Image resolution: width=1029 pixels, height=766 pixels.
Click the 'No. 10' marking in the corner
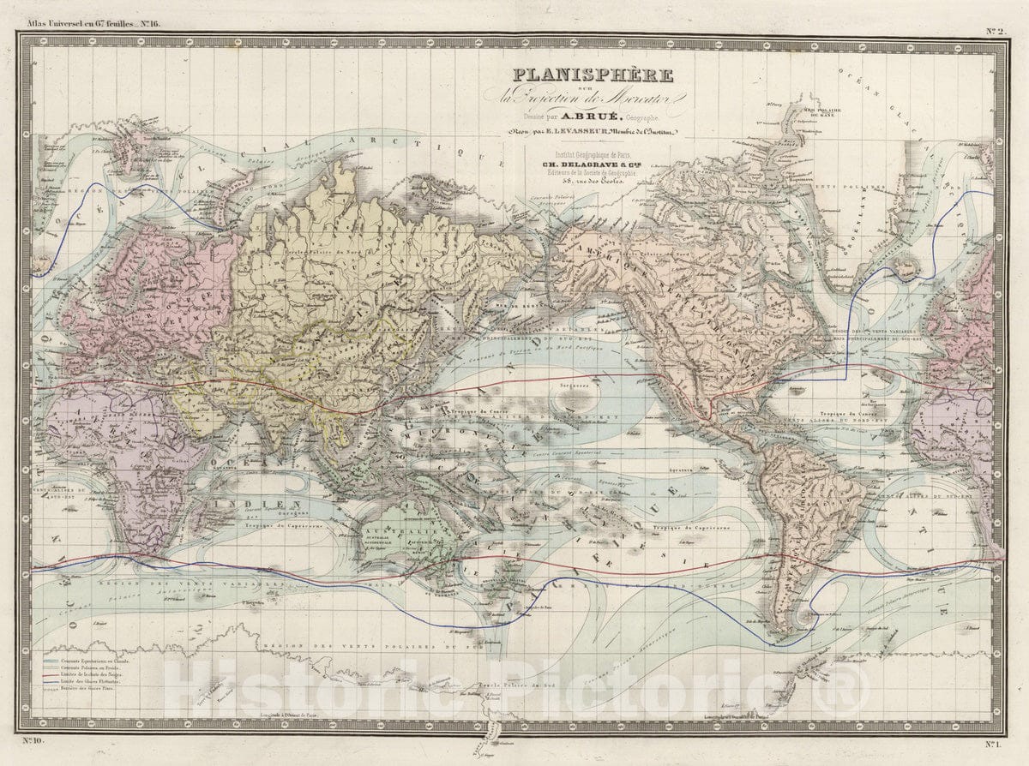click(x=33, y=739)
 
